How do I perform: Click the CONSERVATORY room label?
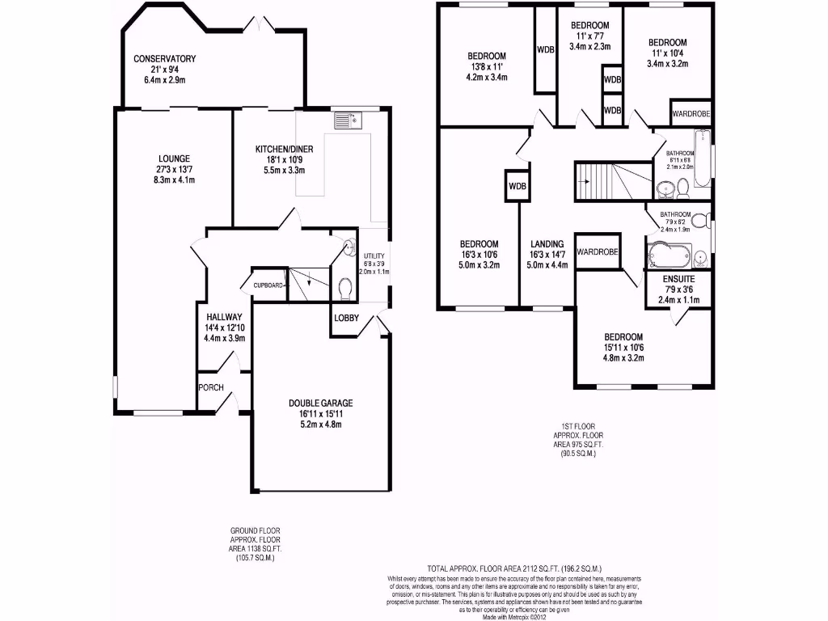(165, 59)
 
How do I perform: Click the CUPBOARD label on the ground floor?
(268, 285)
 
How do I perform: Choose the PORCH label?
(210, 387)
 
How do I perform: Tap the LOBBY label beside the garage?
(346, 319)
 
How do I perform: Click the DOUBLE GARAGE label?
(321, 403)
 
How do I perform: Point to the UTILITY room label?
(374, 256)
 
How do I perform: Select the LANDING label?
(547, 243)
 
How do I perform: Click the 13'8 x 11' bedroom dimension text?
(486, 67)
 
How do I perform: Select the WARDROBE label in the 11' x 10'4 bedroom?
(691, 114)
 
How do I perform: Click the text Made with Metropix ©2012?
(514, 616)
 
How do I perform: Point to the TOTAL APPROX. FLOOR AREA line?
(514, 568)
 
